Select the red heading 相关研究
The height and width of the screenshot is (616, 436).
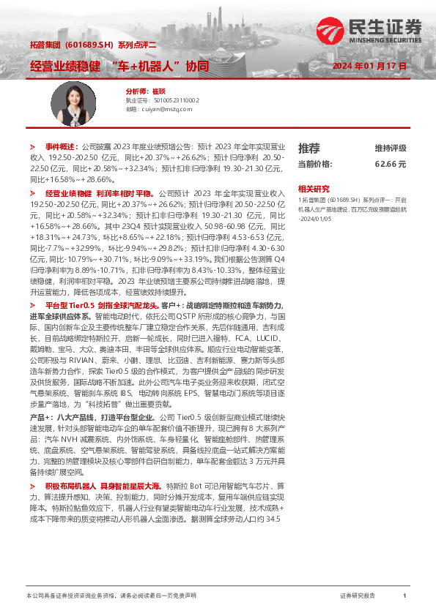point(314,188)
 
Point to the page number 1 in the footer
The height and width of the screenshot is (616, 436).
point(404,597)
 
